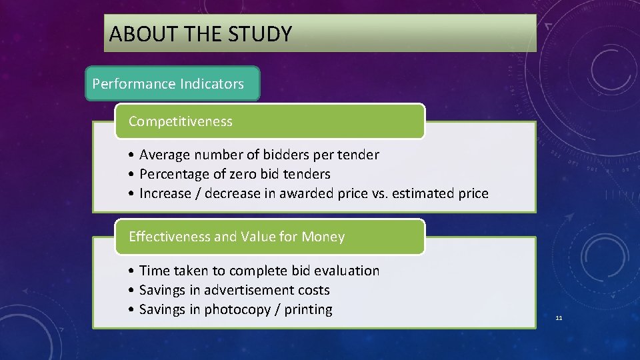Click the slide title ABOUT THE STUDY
coord(200,33)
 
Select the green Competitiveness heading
coord(181,121)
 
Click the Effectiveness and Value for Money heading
coord(237,237)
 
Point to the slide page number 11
coord(559,318)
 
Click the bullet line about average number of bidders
coord(259,155)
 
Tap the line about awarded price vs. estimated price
coord(313,193)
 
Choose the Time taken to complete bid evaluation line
coord(259,271)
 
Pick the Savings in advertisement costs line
coord(234,290)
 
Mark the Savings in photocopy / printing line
coord(235,309)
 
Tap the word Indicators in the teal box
coord(212,84)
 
